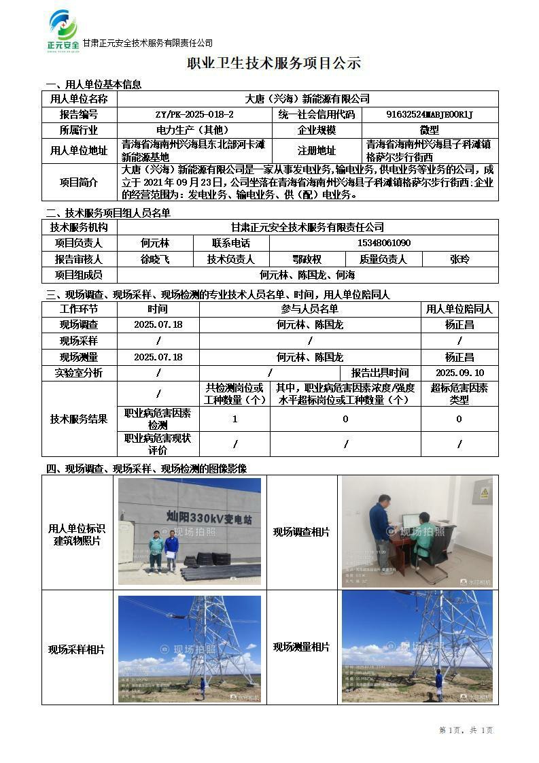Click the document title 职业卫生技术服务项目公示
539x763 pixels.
[274, 64]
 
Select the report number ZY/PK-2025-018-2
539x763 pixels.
[194, 115]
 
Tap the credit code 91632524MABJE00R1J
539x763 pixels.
[430, 115]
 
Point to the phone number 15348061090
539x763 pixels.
[384, 243]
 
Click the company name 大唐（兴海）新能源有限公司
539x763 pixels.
[307, 99]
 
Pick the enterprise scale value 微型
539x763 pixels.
[430, 130]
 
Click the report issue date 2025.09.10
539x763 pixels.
[459, 373]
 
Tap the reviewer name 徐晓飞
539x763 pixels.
[155, 259]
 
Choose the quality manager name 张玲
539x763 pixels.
[459, 259]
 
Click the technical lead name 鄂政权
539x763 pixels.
[307, 259]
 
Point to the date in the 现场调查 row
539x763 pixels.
[158, 325]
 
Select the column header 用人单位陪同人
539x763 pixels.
[459, 309]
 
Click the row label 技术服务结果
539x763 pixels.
[79, 419]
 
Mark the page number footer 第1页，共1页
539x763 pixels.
[466, 730]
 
